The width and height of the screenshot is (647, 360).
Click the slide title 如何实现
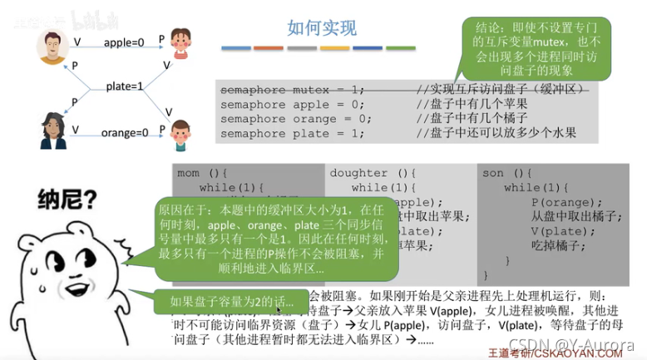(x=322, y=28)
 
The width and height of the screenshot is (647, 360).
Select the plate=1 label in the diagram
(x=125, y=86)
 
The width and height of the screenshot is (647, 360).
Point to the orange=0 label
(x=125, y=132)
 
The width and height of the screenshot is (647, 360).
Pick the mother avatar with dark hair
(x=52, y=131)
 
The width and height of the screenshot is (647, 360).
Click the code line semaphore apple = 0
(x=292, y=105)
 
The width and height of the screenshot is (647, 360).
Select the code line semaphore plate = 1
(x=292, y=133)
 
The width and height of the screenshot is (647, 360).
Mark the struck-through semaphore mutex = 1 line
(x=292, y=90)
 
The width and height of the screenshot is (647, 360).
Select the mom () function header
(x=200, y=173)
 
